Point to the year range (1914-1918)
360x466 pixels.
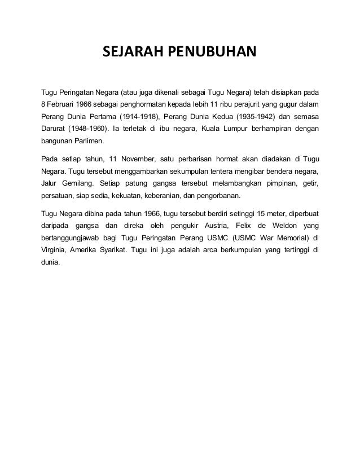pos(136,117)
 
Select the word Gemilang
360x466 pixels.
pos(78,183)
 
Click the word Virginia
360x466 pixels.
pos(55,250)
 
